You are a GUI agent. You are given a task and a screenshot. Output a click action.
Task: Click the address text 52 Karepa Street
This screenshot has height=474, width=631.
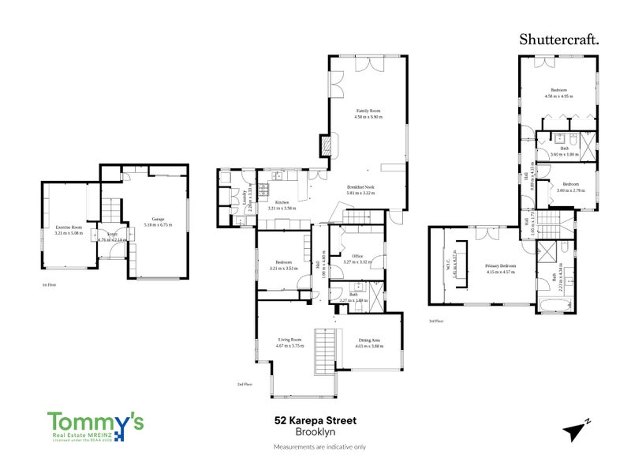click(315, 421)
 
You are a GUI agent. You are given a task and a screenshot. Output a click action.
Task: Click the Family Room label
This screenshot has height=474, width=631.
click(368, 111)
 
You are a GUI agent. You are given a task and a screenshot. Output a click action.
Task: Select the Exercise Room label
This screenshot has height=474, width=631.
click(69, 227)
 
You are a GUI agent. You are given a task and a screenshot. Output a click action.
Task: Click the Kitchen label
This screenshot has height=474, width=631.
click(282, 203)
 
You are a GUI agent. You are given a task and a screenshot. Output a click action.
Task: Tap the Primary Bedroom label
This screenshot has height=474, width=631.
click(500, 266)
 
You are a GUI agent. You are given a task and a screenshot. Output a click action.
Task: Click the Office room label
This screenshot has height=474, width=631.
click(357, 256)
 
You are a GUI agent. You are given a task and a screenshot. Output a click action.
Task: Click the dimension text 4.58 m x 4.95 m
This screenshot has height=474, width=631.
click(558, 96)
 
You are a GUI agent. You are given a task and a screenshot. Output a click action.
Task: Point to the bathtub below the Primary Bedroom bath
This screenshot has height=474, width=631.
click(555, 300)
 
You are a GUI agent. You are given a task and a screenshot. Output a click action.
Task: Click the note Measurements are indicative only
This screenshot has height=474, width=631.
click(319, 447)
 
